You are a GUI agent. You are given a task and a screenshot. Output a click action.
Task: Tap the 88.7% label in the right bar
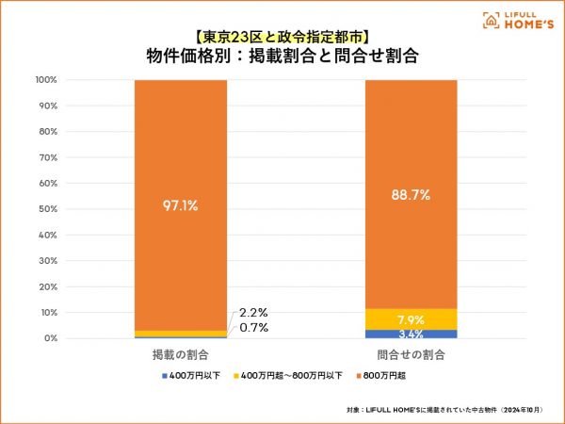click(411, 195)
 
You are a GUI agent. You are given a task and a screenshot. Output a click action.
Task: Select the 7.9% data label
click(411, 318)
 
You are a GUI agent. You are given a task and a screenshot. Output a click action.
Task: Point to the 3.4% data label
click(411, 334)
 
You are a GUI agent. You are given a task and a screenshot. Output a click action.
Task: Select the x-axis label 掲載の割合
click(180, 355)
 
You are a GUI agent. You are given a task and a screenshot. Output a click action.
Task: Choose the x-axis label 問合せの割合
click(411, 355)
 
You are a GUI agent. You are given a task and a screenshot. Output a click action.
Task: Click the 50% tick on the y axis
click(49, 209)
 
